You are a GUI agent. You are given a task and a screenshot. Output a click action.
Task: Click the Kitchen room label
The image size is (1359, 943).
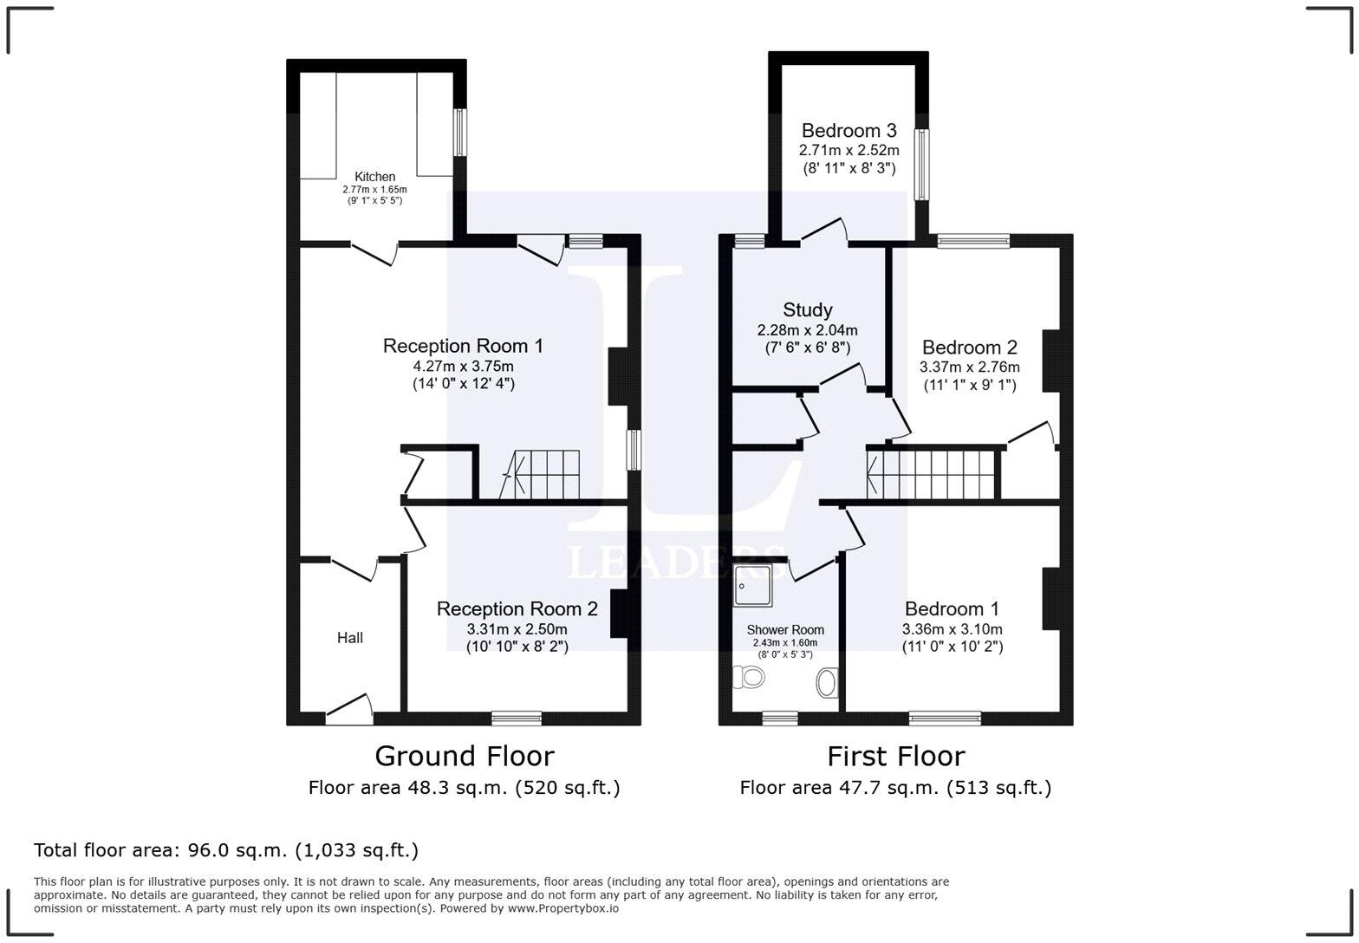(374, 177)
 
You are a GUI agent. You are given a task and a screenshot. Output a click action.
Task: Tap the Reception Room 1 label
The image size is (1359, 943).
(463, 347)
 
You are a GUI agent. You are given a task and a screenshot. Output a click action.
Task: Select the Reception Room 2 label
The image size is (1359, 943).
(517, 609)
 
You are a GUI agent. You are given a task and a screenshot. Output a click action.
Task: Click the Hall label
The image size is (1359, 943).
(349, 638)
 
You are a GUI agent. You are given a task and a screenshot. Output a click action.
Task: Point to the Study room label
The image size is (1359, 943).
(807, 310)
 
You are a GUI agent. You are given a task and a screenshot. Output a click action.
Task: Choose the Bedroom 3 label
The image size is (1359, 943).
(849, 131)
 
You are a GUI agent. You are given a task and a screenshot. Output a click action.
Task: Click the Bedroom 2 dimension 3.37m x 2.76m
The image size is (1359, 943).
(969, 367)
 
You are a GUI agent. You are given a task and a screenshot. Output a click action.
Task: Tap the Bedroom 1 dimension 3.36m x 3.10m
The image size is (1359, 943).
(952, 629)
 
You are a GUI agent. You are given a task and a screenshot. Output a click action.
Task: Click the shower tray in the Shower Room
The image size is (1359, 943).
(752, 585)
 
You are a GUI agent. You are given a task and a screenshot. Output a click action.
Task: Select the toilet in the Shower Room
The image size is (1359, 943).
(747, 676)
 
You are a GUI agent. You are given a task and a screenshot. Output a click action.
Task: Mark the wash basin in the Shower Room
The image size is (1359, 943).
(827, 683)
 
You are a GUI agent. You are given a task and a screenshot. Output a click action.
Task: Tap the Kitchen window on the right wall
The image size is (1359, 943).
(461, 133)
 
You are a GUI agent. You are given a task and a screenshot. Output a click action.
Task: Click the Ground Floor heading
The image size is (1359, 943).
(464, 757)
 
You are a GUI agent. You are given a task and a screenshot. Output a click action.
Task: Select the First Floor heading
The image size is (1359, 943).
(895, 757)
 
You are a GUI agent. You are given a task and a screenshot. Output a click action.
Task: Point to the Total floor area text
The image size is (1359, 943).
(225, 850)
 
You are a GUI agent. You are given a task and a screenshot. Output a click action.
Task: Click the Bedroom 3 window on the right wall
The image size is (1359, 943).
(921, 165)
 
